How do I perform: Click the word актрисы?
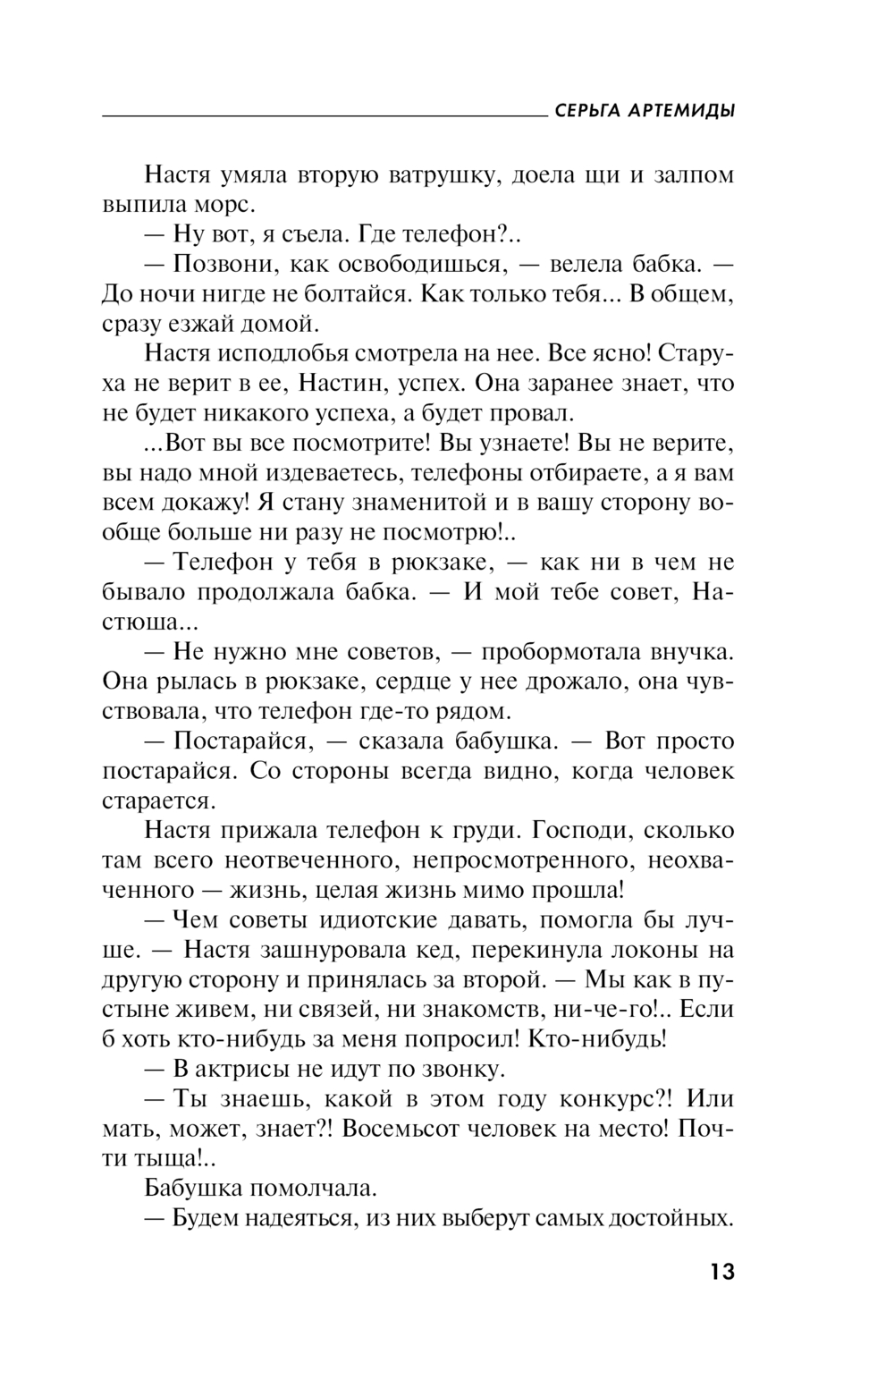point(254,1069)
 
